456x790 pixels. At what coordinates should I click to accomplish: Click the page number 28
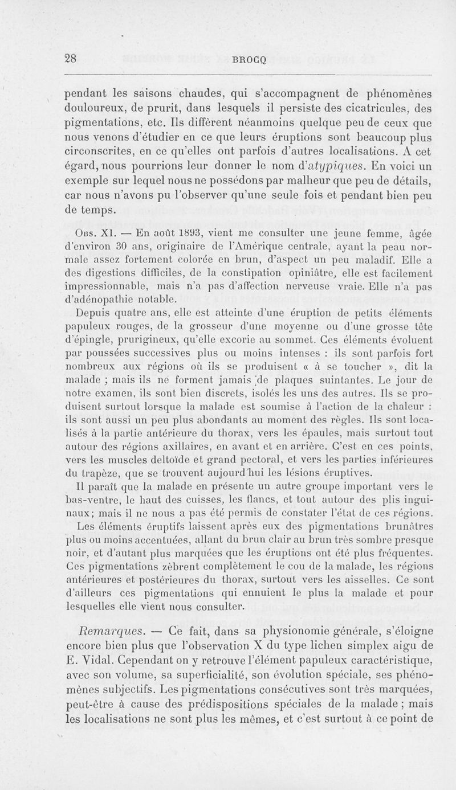(71, 57)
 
